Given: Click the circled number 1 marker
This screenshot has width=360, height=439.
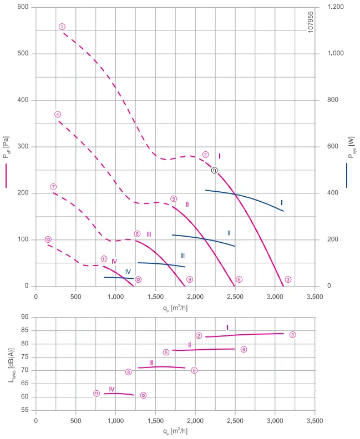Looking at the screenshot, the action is click(x=62, y=27).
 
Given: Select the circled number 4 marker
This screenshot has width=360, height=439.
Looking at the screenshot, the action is click(x=58, y=114).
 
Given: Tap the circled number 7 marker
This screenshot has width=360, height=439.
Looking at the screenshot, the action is click(x=53, y=187).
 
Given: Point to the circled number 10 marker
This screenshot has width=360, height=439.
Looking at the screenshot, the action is click(x=48, y=239).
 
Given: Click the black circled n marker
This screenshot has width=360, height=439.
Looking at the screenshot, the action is click(x=214, y=170).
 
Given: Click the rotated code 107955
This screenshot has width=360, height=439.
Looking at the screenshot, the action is click(x=311, y=22).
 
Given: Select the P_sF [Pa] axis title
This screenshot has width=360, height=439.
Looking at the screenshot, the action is click(x=6, y=147).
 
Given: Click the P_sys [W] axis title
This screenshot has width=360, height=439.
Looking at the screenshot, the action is click(x=352, y=147).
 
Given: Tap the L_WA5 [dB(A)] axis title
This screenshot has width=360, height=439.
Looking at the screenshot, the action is click(x=12, y=365).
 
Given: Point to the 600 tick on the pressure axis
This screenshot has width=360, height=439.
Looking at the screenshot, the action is click(x=23, y=7).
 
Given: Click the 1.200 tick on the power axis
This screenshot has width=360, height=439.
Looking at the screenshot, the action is click(x=336, y=7).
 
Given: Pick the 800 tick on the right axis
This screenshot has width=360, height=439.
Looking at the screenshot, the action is click(x=333, y=100).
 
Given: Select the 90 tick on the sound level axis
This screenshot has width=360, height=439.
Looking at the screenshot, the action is click(x=25, y=317).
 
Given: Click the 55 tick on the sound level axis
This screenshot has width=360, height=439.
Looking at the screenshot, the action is click(x=25, y=410).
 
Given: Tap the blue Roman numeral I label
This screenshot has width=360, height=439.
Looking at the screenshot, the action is click(x=282, y=203).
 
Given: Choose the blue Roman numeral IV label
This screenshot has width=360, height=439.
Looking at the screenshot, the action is click(x=128, y=272).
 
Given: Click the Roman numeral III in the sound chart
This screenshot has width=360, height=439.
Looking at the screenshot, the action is click(x=151, y=363).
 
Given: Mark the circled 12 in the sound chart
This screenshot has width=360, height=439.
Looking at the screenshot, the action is click(x=143, y=395).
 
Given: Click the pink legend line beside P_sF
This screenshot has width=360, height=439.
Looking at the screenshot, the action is click(x=6, y=176).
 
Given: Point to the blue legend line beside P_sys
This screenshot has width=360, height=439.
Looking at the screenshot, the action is click(x=347, y=176).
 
